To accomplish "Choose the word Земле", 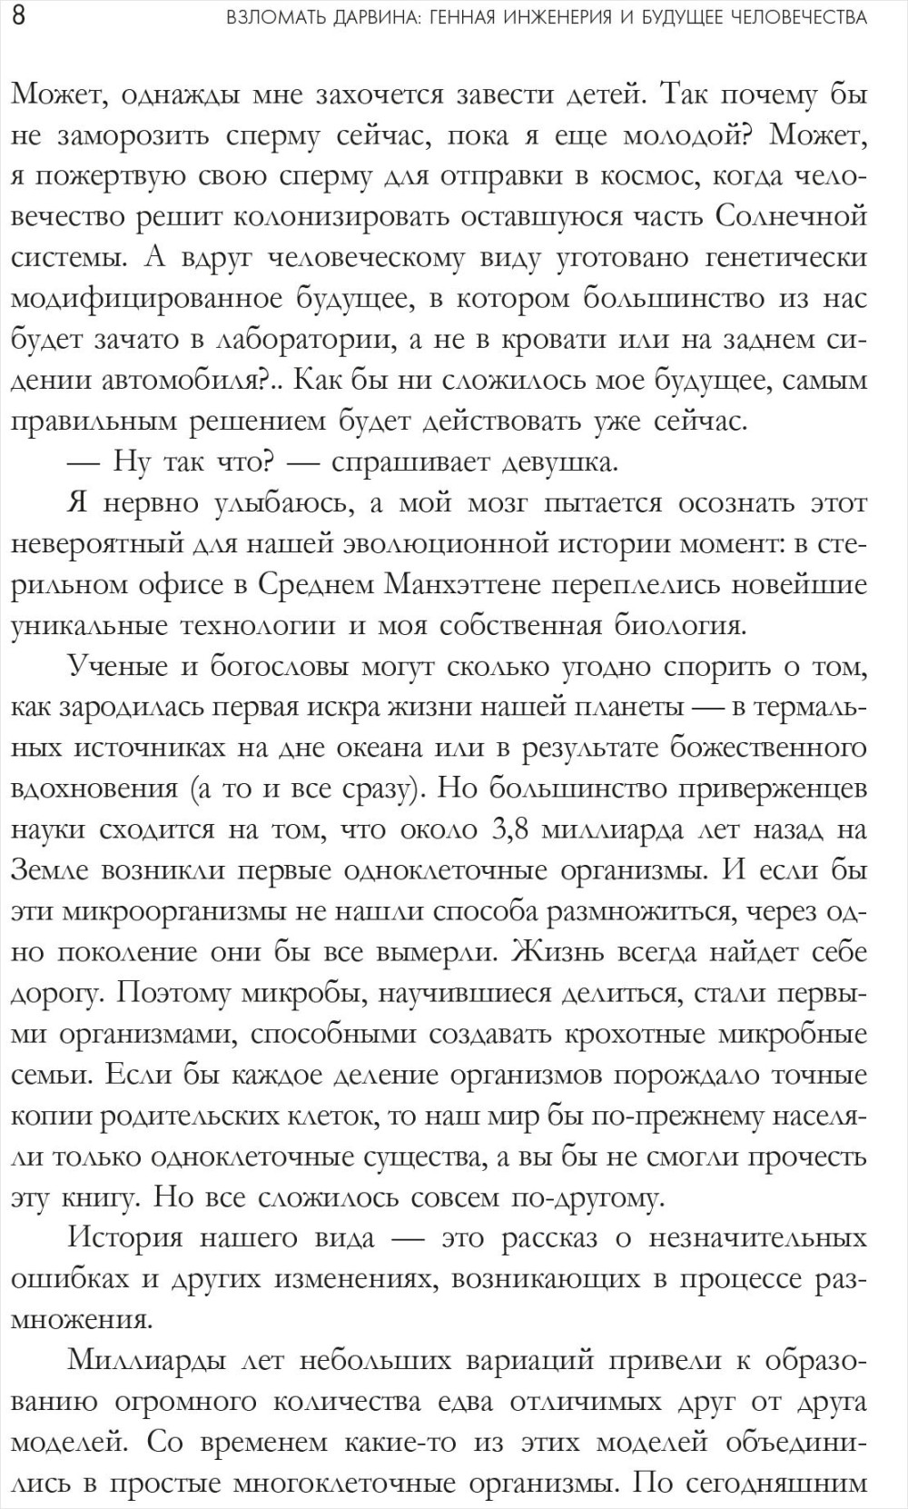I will pos(50,870).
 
